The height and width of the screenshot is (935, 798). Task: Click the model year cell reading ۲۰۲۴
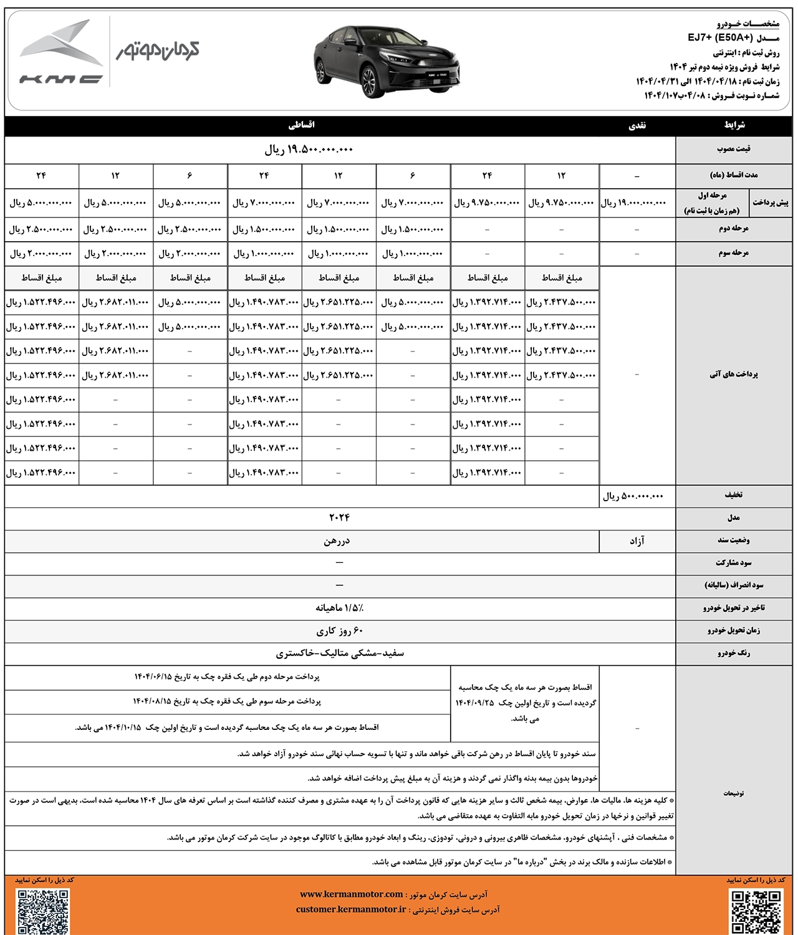340,518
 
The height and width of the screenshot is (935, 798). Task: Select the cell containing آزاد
637,541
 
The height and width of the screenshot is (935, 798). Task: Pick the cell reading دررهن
337,541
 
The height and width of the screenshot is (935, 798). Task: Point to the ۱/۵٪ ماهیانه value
340,608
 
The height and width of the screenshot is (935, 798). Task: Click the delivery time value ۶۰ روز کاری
340,631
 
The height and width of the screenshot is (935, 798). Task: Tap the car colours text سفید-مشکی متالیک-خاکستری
340,653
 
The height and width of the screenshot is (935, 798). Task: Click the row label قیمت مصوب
733,150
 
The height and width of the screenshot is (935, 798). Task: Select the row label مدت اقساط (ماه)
733,175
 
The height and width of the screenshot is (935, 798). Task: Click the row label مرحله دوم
733,229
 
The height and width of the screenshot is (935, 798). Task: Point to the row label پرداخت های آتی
733,375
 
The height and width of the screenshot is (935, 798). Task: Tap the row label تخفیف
733,495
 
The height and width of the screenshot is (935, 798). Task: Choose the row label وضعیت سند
733,540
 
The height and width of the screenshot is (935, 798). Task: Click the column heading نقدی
637,125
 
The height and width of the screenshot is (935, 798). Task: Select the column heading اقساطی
302,125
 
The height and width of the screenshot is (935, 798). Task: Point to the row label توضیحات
733,794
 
